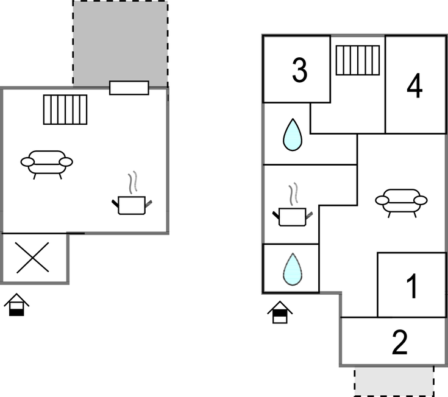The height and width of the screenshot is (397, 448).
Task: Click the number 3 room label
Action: point(299,71)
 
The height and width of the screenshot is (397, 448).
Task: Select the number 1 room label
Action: point(413,286)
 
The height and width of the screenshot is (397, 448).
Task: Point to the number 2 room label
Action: point(399,343)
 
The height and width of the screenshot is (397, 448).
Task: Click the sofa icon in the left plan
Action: point(46,163)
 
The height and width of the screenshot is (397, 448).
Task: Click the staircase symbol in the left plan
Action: point(65,110)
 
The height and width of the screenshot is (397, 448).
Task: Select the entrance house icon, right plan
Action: point(279,312)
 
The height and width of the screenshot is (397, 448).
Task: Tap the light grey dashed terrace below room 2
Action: point(394,380)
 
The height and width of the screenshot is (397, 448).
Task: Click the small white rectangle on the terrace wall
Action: point(129,88)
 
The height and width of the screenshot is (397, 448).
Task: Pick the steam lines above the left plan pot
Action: point(132,183)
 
